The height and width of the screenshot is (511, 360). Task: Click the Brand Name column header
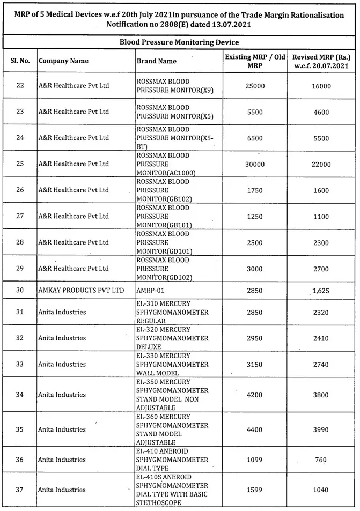156,61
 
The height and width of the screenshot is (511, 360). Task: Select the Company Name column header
63,61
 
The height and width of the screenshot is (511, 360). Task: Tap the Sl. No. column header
20,61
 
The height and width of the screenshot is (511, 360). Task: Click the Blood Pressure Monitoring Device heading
179,42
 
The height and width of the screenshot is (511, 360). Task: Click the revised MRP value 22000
321,164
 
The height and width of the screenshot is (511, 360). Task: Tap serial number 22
20,86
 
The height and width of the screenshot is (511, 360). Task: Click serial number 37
20,490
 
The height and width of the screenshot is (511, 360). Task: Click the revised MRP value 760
321,460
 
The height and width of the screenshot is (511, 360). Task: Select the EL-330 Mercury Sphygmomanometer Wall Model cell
172,364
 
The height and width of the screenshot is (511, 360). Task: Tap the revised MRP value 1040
321,490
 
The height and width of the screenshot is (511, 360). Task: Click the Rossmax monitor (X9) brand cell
175,86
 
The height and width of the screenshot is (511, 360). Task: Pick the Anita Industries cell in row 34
62,395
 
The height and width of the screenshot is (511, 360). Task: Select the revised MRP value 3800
321,395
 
